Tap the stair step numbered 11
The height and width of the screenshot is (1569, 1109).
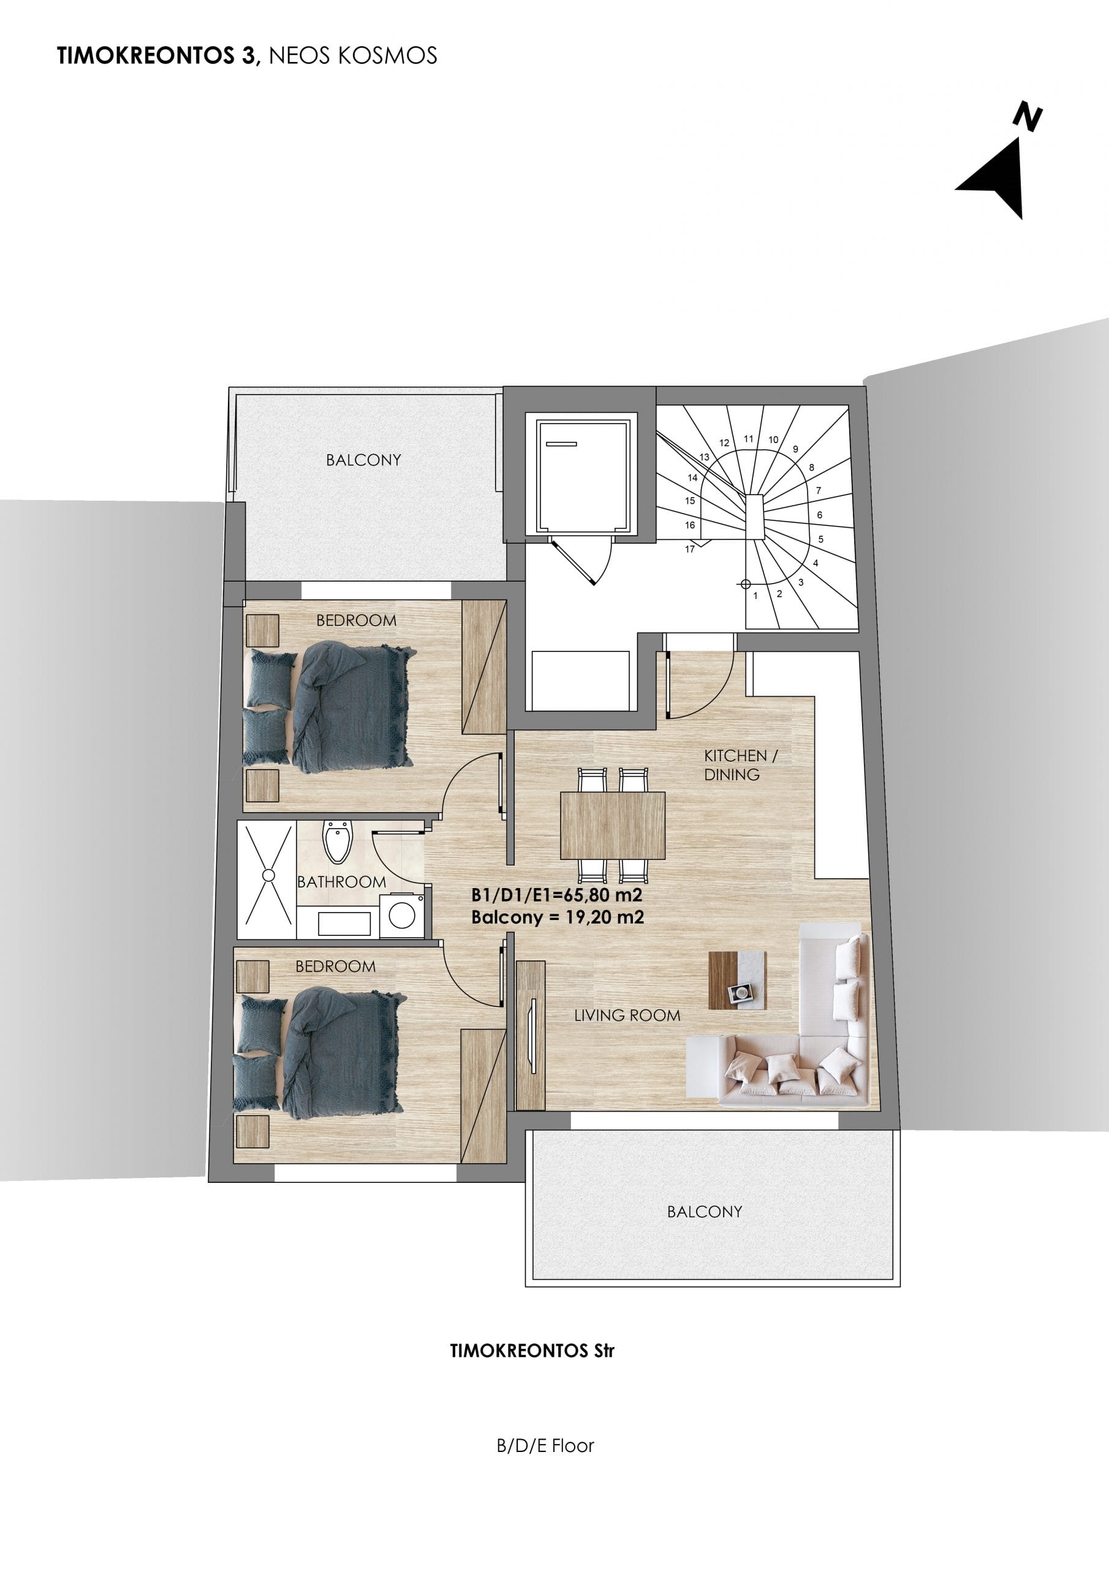pos(749,439)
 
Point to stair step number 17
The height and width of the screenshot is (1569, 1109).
pos(689,549)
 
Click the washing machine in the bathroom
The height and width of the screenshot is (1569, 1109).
pos(402,916)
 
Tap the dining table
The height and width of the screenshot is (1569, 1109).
pos(612,825)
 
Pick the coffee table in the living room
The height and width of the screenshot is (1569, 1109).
pos(737,981)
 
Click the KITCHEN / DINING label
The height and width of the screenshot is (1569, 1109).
pos(741,765)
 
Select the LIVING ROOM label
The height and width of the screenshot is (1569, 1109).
pos(627,1016)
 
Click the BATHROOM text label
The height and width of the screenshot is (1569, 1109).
pos(342,881)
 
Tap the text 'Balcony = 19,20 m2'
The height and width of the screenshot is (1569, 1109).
pos(558,917)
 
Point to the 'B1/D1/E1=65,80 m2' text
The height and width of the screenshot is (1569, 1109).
pos(557,895)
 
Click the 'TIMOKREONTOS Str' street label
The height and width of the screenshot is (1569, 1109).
pos(532,1351)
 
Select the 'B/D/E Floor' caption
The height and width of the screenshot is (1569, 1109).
pos(545,1446)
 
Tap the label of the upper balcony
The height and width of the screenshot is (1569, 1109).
pos(363,460)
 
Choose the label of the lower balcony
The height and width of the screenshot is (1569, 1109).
pos(705,1212)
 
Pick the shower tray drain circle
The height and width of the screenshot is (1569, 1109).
pos(268,875)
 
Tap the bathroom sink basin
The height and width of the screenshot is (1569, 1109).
pos(344,923)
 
